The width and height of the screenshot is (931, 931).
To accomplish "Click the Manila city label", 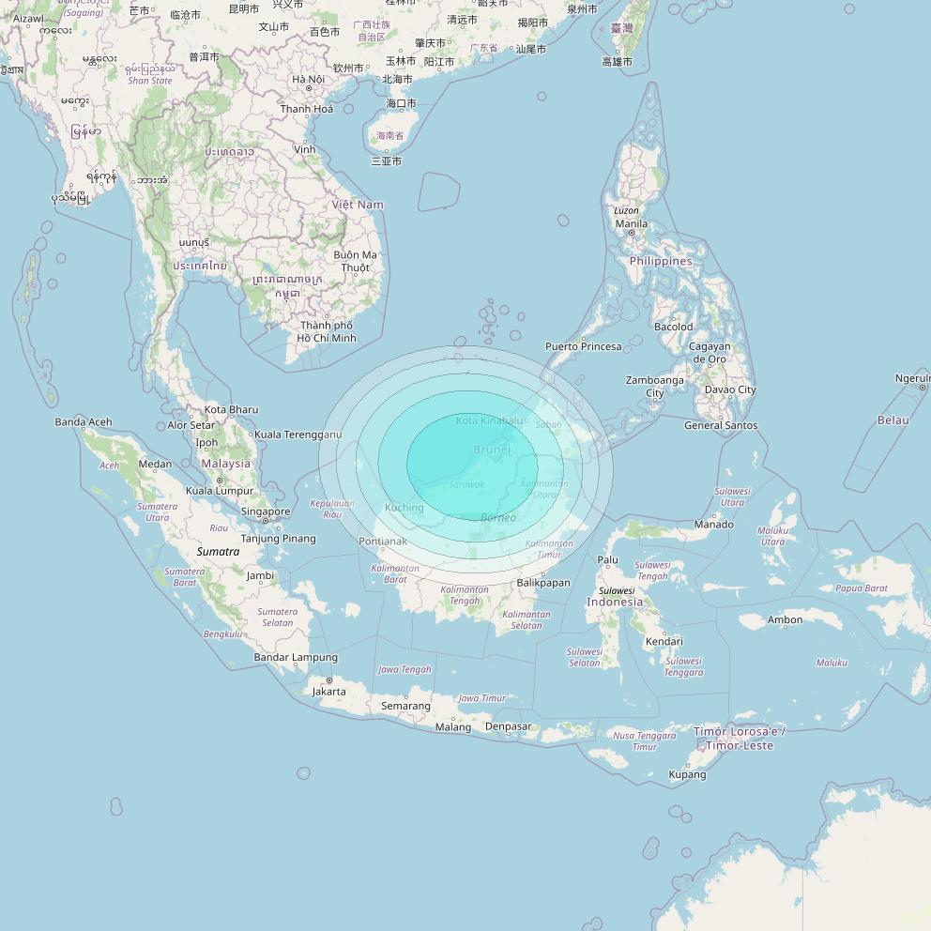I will [x=631, y=224].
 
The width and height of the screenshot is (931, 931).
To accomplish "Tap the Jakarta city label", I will [x=328, y=692].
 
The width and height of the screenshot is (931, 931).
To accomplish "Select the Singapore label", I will [x=265, y=511].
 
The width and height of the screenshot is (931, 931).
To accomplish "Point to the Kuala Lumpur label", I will [x=220, y=491].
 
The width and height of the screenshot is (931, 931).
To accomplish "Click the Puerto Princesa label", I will [x=583, y=347].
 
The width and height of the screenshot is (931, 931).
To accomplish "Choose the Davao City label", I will [x=729, y=389].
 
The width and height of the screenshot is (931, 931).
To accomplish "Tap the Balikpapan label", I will [x=543, y=583].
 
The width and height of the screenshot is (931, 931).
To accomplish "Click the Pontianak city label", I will [x=383, y=542].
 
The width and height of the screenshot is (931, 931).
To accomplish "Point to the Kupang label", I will [x=687, y=775].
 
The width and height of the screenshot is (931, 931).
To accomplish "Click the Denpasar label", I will [x=508, y=726].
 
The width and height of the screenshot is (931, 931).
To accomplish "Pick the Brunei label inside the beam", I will [x=492, y=450].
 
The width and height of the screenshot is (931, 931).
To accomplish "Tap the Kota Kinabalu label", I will [x=488, y=420].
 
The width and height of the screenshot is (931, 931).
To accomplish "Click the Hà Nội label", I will [x=308, y=80].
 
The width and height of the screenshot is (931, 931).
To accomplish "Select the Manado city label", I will [x=713, y=525].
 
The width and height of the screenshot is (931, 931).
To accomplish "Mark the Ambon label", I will [x=785, y=619].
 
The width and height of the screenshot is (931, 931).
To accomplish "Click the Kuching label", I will [x=404, y=508].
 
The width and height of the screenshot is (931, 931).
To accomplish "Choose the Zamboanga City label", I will [x=654, y=387].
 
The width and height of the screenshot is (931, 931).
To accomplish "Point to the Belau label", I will [x=893, y=420].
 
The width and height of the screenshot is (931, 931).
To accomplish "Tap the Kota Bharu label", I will [x=231, y=410].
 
